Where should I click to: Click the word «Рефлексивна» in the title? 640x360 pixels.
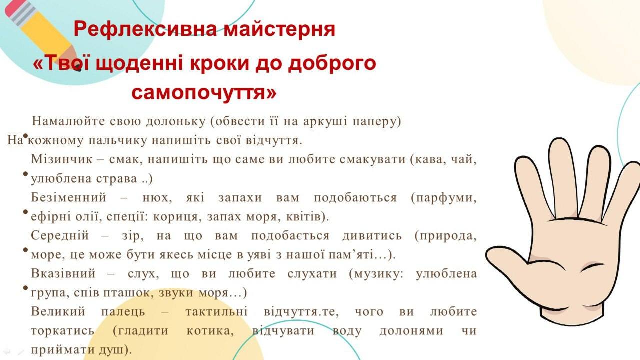(x=145, y=29)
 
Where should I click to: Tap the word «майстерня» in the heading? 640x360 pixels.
(x=279, y=29)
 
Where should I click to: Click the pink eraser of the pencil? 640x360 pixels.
(x=13, y=8)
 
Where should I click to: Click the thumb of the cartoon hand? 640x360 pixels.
(x=511, y=258)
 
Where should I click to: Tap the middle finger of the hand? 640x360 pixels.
(x=561, y=177)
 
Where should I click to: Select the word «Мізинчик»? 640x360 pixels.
(x=61, y=159)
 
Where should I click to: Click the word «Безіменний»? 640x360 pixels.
(x=68, y=197)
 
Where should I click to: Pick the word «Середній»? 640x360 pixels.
(x=60, y=235)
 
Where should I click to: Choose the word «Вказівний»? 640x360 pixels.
(x=63, y=273)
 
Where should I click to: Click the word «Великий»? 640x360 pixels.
(x=58, y=311)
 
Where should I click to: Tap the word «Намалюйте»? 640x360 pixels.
(x=68, y=121)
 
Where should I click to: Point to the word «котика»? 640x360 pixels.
(x=210, y=331)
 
